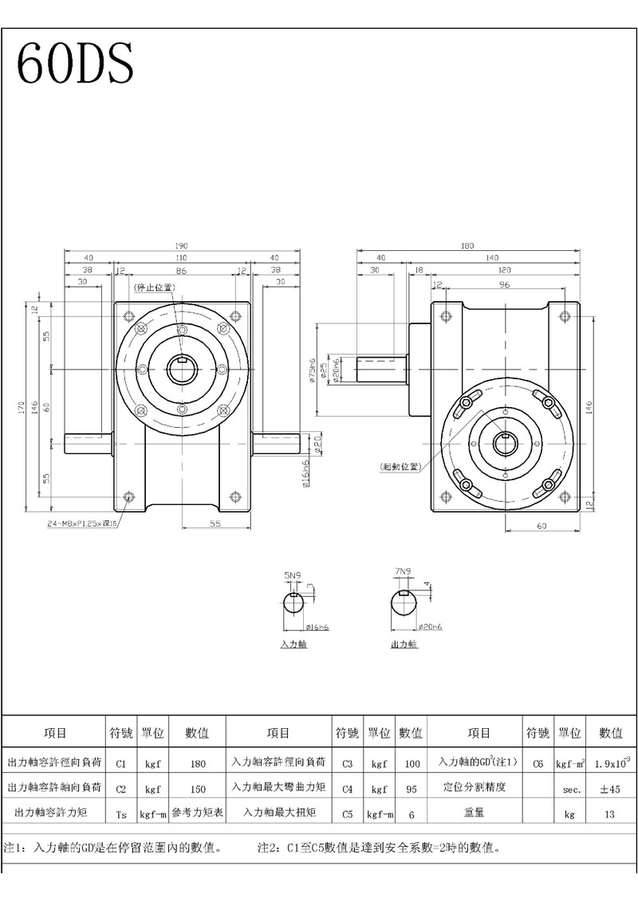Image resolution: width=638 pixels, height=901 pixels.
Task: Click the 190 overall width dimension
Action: [x=182, y=246]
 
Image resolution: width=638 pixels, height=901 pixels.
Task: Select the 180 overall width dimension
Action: [x=467, y=246]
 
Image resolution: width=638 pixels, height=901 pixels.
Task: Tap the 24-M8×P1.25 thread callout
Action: [x=82, y=524]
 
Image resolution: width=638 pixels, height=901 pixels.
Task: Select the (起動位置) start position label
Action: [x=401, y=467]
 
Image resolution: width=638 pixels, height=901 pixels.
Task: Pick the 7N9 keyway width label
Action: [x=403, y=571]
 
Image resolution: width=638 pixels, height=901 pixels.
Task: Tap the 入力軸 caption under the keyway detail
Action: [x=293, y=644]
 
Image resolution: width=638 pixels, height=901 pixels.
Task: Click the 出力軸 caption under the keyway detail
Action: [x=404, y=644]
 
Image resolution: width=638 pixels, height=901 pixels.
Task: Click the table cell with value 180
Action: [x=198, y=763]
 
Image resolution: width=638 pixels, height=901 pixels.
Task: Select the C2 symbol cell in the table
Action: [x=121, y=789]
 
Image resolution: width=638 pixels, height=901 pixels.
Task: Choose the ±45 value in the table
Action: [x=610, y=789]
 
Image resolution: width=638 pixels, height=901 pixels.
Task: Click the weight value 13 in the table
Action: [x=610, y=814]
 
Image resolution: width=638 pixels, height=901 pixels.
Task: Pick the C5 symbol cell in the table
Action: [x=347, y=814]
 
